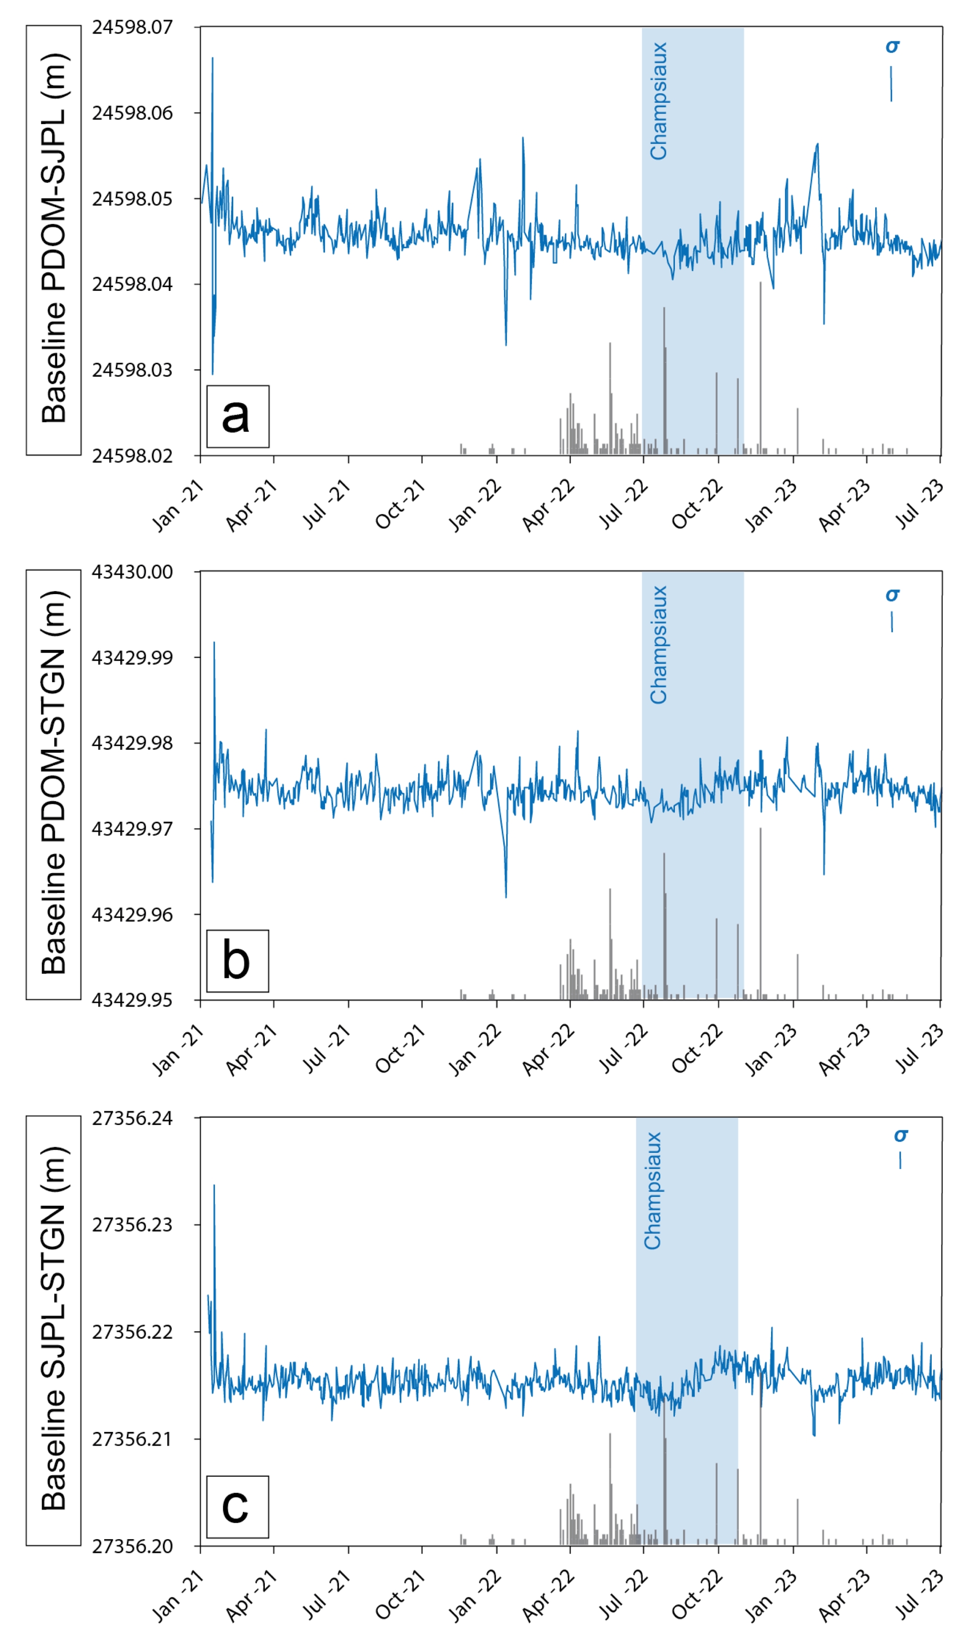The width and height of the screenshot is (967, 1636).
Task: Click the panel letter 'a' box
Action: tap(237, 416)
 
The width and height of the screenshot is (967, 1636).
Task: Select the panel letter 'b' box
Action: tap(237, 961)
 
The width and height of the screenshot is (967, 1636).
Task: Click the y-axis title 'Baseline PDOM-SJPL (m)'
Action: tap(53, 240)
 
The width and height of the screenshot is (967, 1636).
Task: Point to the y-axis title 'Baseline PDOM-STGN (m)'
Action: tap(53, 783)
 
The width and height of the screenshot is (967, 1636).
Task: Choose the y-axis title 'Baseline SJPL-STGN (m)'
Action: tap(53, 1330)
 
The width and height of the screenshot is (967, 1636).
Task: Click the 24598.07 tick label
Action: tap(132, 27)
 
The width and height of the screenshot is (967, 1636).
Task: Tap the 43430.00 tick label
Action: tap(132, 572)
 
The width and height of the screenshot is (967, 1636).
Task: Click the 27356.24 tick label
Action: tap(132, 1119)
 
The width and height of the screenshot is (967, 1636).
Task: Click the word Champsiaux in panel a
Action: tap(659, 101)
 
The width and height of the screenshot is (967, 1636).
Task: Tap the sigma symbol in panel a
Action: tap(892, 47)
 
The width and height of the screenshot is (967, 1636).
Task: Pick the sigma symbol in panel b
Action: tap(892, 595)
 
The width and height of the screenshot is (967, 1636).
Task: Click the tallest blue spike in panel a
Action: tap(213, 58)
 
